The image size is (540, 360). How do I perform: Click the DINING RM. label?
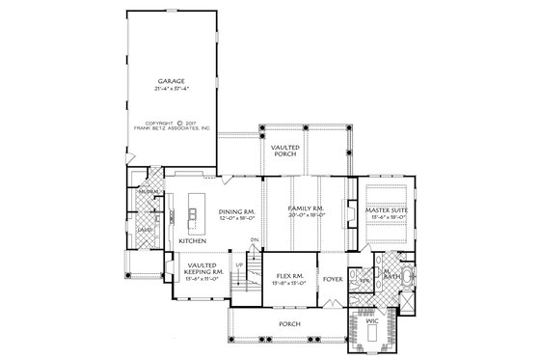click(234, 212)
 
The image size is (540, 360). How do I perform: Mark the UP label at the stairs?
click(239, 262)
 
